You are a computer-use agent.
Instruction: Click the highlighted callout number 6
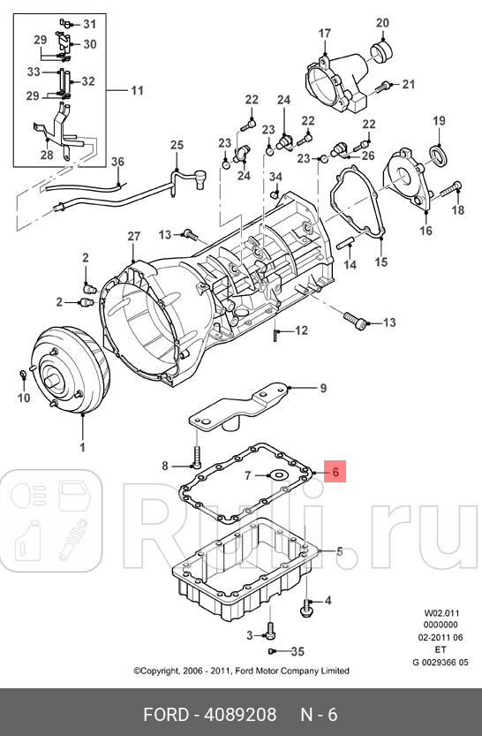pos(335,473)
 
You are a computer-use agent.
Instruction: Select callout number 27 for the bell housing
pos(133,237)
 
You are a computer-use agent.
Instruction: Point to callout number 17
pos(324,34)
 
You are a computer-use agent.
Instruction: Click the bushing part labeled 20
pos(382,51)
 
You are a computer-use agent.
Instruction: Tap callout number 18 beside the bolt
pos(457,210)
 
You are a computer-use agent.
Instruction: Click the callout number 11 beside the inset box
pos(137,90)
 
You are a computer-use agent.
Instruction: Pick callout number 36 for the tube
pos(118,161)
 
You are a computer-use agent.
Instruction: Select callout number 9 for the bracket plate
pos(322,388)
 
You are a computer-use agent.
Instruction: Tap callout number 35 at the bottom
pos(297,652)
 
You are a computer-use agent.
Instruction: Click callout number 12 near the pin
pos(301,331)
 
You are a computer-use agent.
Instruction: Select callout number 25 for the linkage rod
pos(177,145)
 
